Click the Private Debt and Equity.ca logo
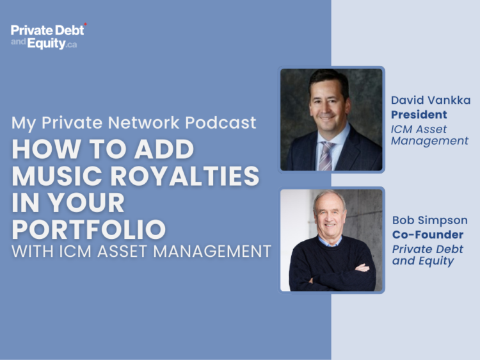tap(48, 37)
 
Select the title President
tap(419, 115)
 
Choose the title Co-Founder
tap(427, 234)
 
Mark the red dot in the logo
tap(85, 24)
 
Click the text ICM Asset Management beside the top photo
tap(429, 135)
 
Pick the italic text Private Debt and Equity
tap(428, 255)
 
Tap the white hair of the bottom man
tap(330, 197)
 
